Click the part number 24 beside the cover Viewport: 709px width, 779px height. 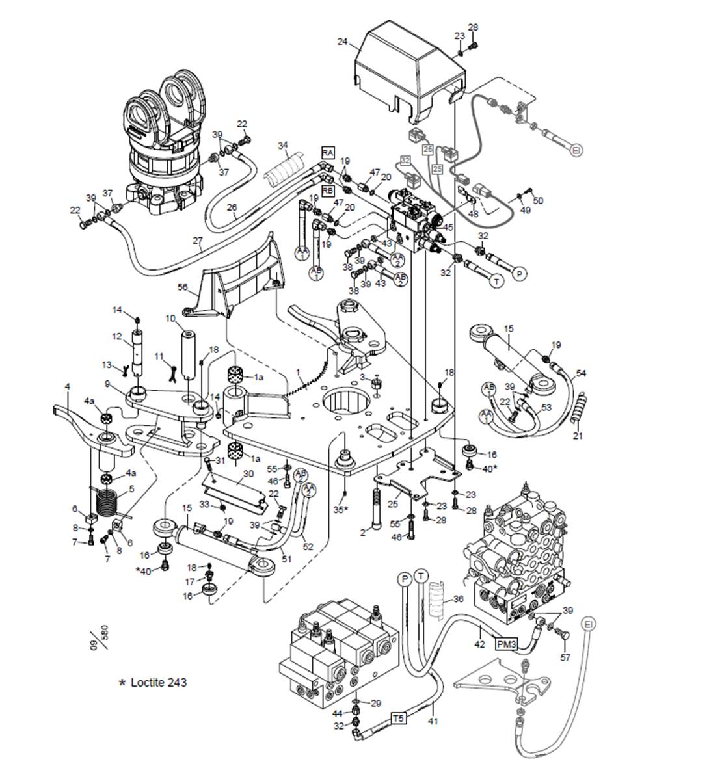point(342,42)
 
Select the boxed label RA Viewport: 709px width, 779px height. point(328,152)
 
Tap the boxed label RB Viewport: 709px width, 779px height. point(328,191)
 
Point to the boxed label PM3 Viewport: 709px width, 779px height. point(507,644)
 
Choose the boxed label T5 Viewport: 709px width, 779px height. point(398,719)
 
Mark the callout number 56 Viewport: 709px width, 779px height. point(183,286)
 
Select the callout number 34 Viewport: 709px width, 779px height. point(282,144)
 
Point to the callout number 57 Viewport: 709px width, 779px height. point(565,657)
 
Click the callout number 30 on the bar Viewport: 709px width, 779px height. point(248,473)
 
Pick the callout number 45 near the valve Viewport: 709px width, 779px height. point(448,227)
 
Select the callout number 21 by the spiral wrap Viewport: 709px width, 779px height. point(578,435)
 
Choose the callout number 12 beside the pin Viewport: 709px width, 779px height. point(117,336)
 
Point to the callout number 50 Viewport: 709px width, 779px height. point(538,201)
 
